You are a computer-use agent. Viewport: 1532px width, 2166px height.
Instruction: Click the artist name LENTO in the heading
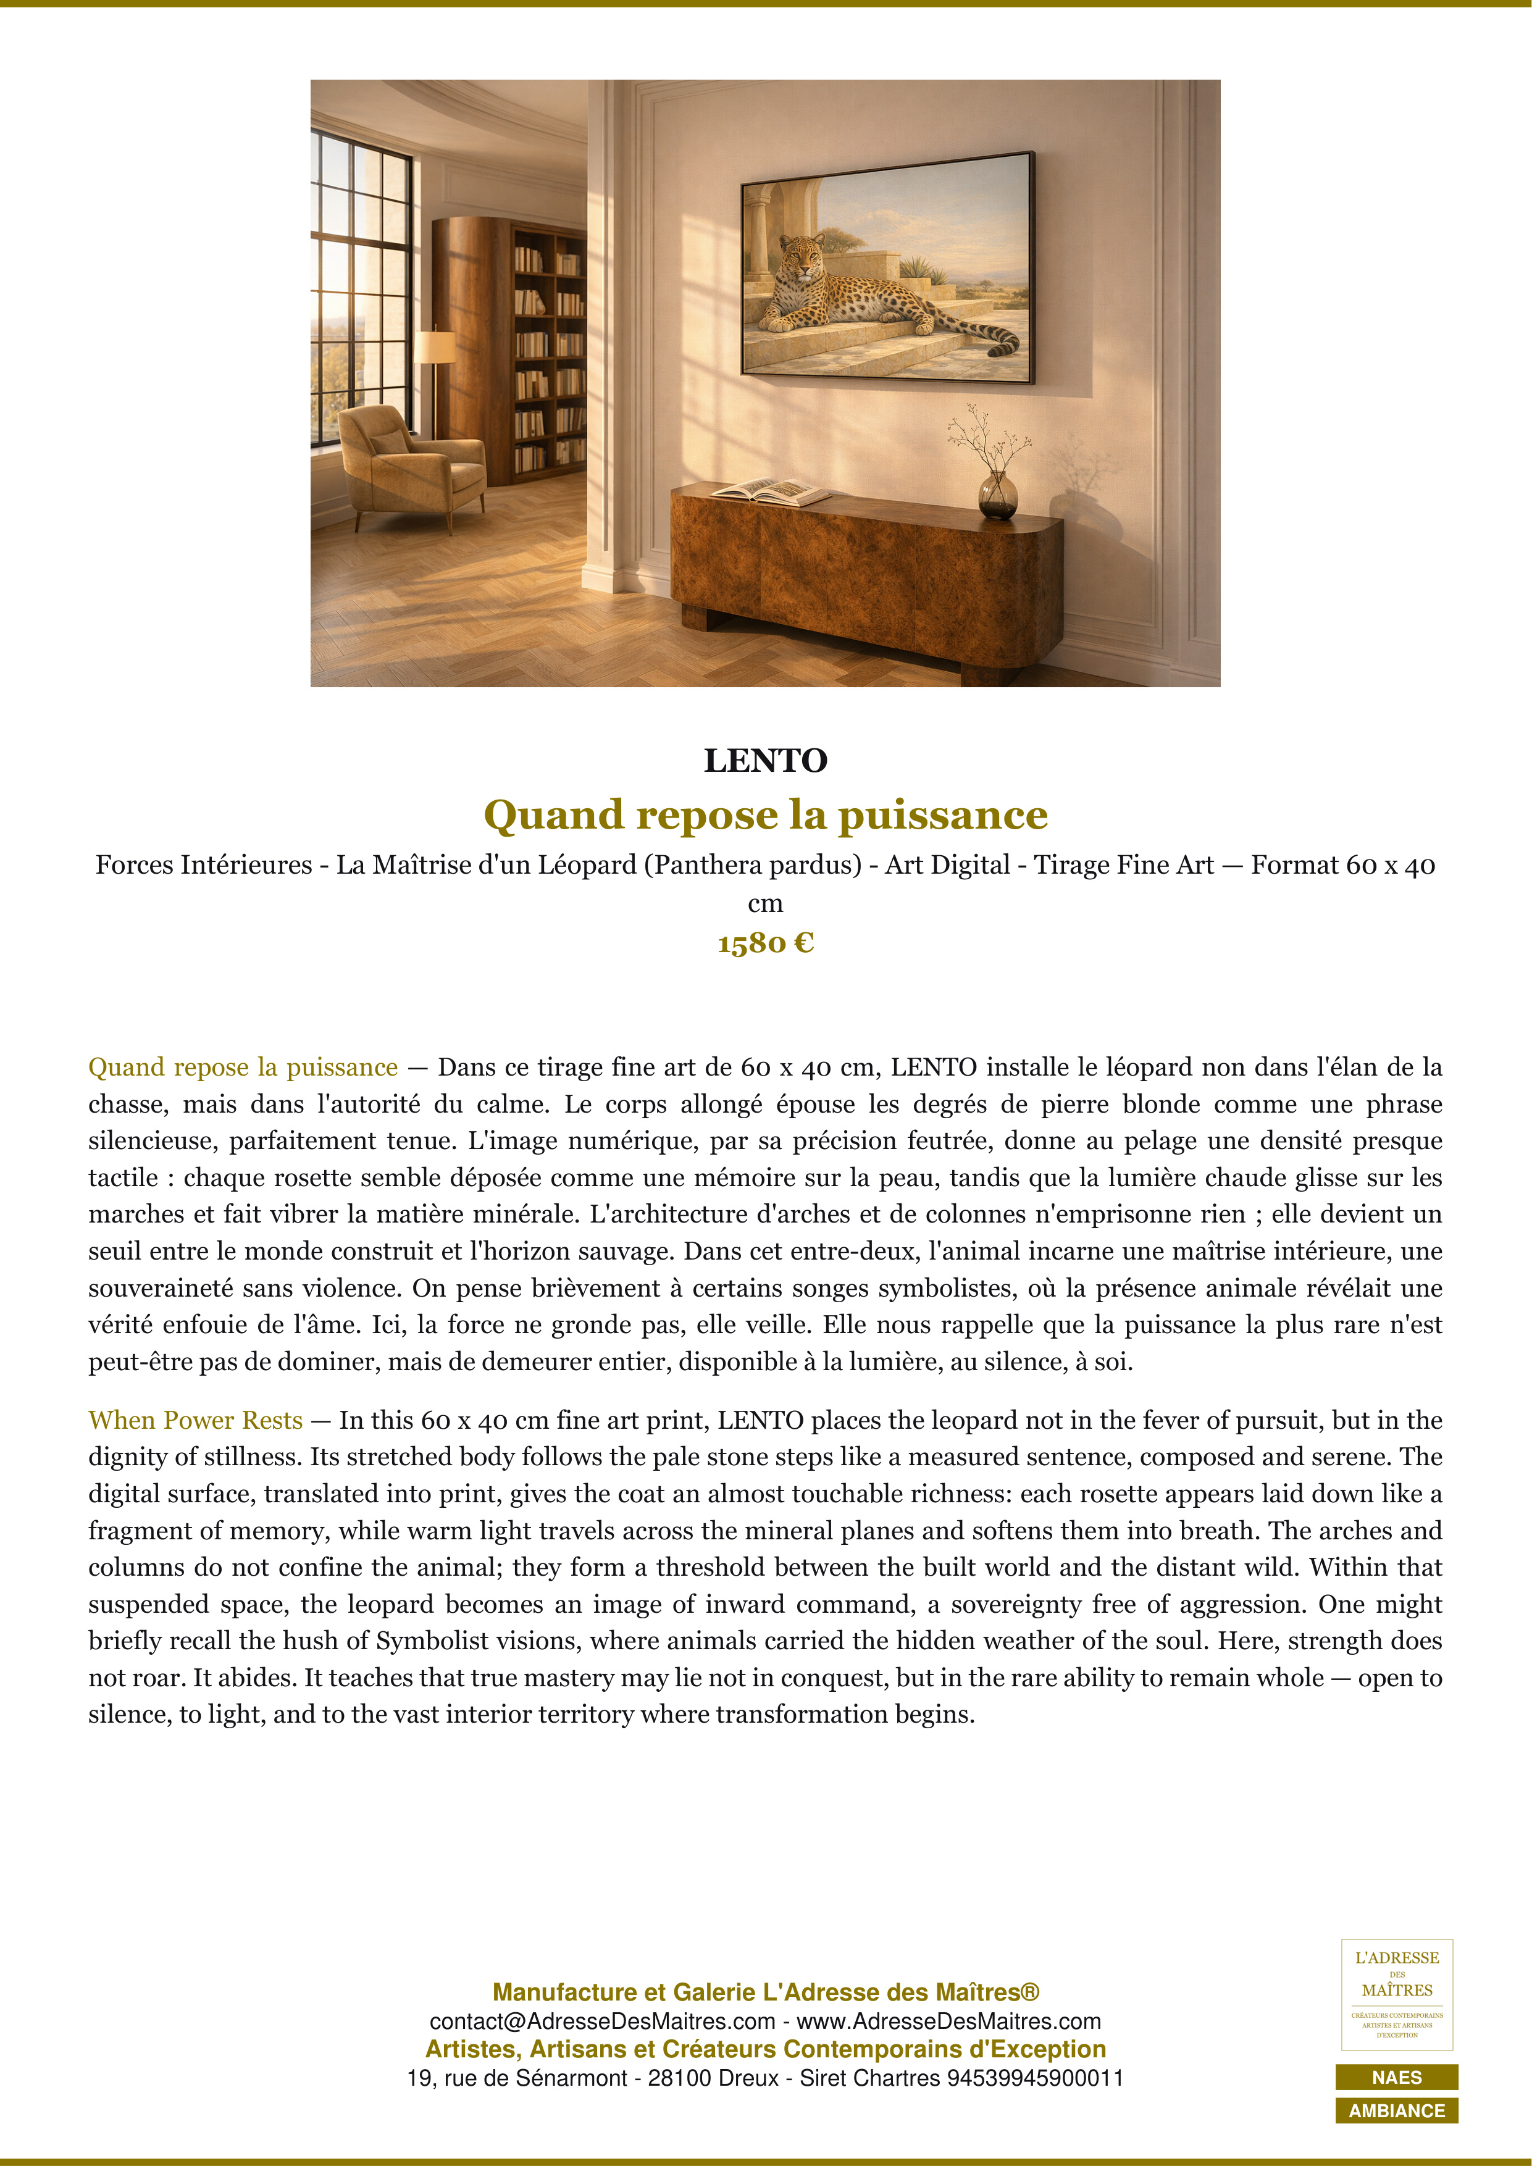coord(765,760)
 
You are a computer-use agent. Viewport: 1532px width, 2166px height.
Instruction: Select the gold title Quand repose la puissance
coord(765,814)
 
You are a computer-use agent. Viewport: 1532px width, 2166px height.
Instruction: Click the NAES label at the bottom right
coord(1396,2077)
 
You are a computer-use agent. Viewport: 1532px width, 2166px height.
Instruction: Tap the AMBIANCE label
coord(1396,2110)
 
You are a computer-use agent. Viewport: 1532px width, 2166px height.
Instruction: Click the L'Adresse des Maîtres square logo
coord(1396,1994)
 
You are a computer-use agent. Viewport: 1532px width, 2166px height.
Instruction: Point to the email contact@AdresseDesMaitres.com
coord(602,2021)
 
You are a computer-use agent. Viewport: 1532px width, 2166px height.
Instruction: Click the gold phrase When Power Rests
coord(195,1420)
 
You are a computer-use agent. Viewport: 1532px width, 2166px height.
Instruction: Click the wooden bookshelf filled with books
coord(547,349)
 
